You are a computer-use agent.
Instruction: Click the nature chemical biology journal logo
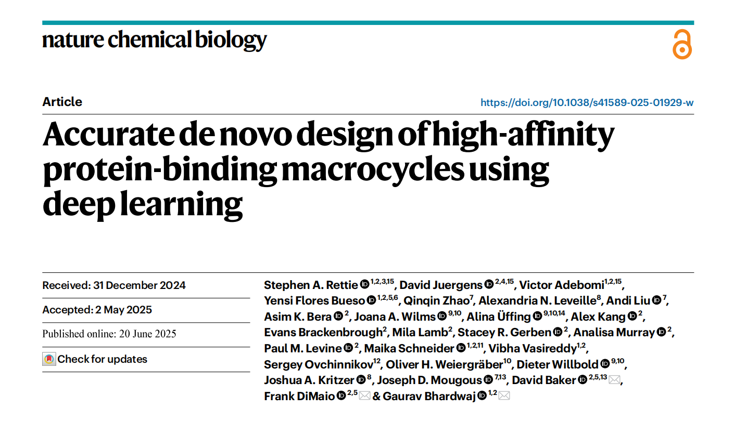click(154, 41)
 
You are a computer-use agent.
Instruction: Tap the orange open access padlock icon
click(682, 45)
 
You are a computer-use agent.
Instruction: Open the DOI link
click(587, 102)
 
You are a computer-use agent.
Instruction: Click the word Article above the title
click(62, 102)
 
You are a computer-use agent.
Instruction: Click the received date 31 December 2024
click(139, 285)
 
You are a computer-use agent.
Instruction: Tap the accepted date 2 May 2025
click(123, 310)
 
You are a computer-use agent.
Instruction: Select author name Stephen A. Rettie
click(311, 285)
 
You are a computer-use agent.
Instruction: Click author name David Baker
click(544, 380)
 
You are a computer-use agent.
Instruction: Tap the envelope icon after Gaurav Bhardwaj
click(504, 396)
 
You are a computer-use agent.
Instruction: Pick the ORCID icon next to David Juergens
click(489, 284)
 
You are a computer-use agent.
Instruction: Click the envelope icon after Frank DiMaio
click(364, 396)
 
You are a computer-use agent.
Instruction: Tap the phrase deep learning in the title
click(143, 205)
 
